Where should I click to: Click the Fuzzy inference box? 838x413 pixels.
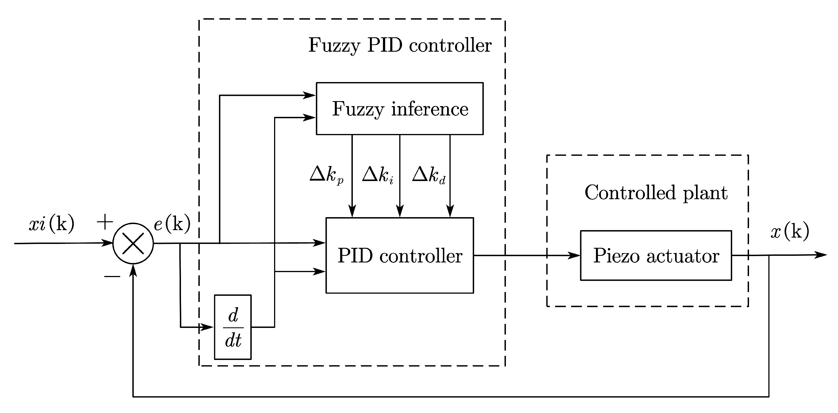400,109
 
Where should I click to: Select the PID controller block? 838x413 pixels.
400,256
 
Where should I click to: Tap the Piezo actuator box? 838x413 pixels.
656,256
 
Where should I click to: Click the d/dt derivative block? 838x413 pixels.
233,327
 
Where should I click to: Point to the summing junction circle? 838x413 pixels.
133,243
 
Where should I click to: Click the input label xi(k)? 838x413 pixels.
51,224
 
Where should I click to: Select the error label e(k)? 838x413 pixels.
172,224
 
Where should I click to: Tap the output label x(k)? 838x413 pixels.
790,232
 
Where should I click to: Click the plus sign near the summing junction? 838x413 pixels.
105,222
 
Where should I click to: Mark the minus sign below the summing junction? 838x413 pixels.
112,277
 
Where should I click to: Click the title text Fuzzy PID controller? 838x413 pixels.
400,45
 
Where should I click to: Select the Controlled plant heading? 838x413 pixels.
656,193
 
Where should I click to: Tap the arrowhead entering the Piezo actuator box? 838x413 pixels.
574,256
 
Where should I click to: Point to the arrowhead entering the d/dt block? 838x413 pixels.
207,327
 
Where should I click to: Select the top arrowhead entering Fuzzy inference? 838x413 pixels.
309,95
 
